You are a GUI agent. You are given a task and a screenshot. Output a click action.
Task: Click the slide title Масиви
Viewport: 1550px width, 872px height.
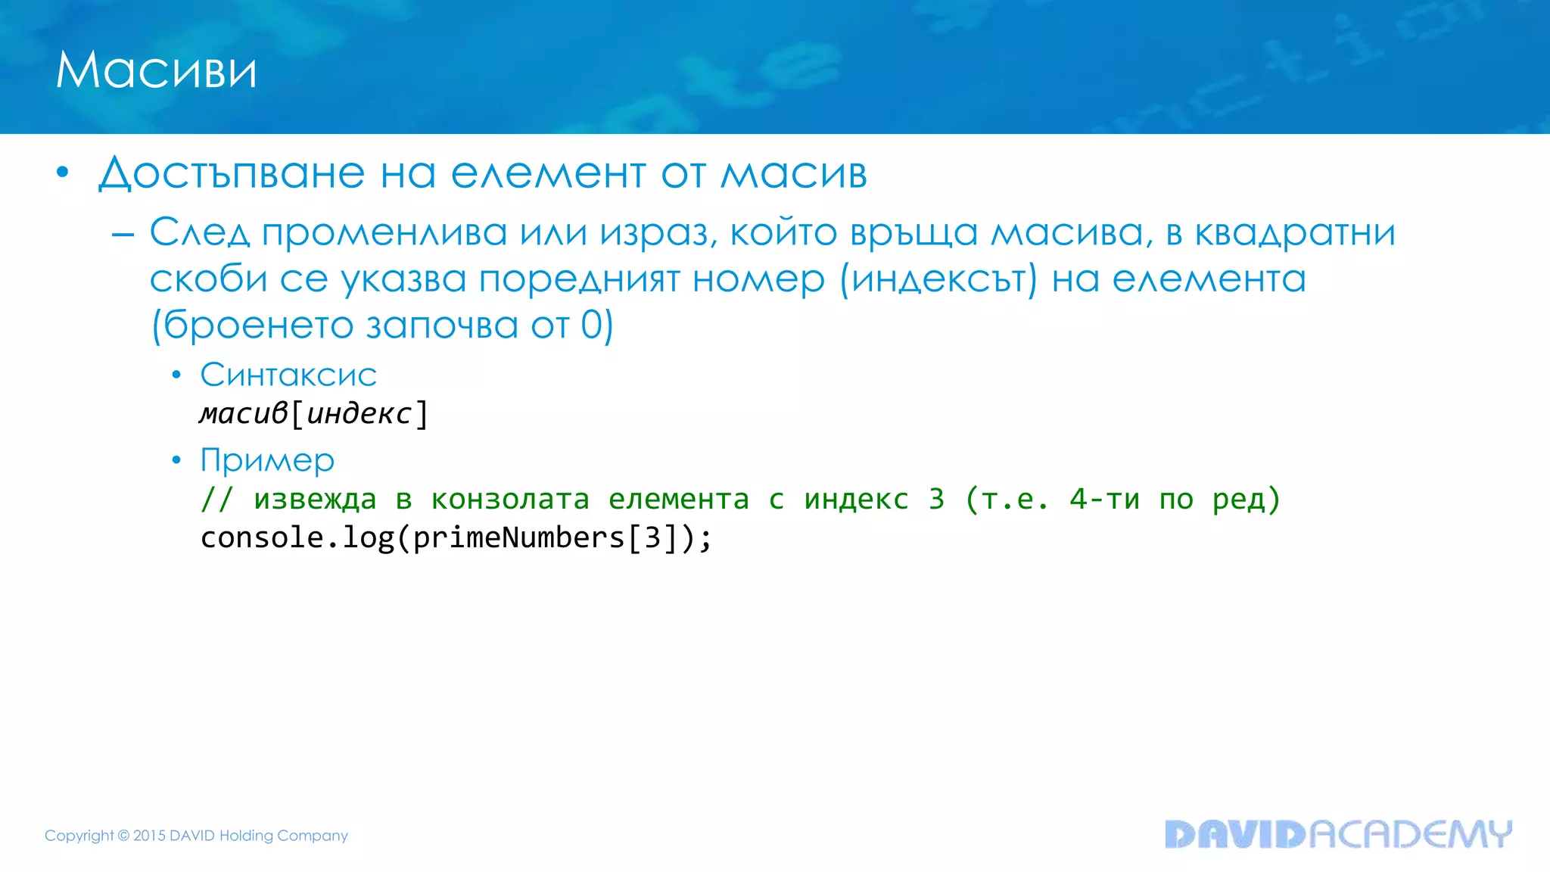(x=156, y=70)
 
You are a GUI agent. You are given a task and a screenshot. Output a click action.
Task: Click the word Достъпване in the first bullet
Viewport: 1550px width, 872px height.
(x=231, y=173)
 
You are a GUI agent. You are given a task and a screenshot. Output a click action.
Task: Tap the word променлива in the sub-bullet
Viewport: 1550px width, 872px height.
(x=384, y=232)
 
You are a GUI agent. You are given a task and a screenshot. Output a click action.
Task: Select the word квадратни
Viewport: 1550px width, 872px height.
(x=1295, y=232)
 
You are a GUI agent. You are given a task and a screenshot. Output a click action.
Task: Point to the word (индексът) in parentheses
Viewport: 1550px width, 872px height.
(x=938, y=279)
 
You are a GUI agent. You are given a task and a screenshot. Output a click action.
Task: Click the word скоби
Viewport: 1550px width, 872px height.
(x=208, y=279)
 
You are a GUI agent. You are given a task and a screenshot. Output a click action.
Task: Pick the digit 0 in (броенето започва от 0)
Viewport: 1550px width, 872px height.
(x=592, y=325)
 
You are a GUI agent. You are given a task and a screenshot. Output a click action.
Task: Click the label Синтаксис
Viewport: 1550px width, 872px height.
(x=288, y=375)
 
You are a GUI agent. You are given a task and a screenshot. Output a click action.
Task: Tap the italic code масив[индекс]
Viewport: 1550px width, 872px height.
(x=313, y=413)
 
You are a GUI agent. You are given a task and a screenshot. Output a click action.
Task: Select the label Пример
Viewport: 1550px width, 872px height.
(x=267, y=460)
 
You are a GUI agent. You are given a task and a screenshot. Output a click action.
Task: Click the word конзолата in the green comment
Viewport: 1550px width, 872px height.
(x=510, y=499)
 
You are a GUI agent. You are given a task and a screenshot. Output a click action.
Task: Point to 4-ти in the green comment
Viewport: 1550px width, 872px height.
(x=1104, y=499)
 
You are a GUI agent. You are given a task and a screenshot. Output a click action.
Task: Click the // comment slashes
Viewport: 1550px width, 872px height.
(x=216, y=499)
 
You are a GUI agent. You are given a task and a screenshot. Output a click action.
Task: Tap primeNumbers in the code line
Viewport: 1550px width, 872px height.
(x=518, y=538)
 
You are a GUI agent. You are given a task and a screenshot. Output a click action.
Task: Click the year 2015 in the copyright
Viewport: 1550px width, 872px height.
(x=149, y=836)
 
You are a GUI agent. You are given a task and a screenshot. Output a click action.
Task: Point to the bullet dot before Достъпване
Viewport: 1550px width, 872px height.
(x=63, y=173)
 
